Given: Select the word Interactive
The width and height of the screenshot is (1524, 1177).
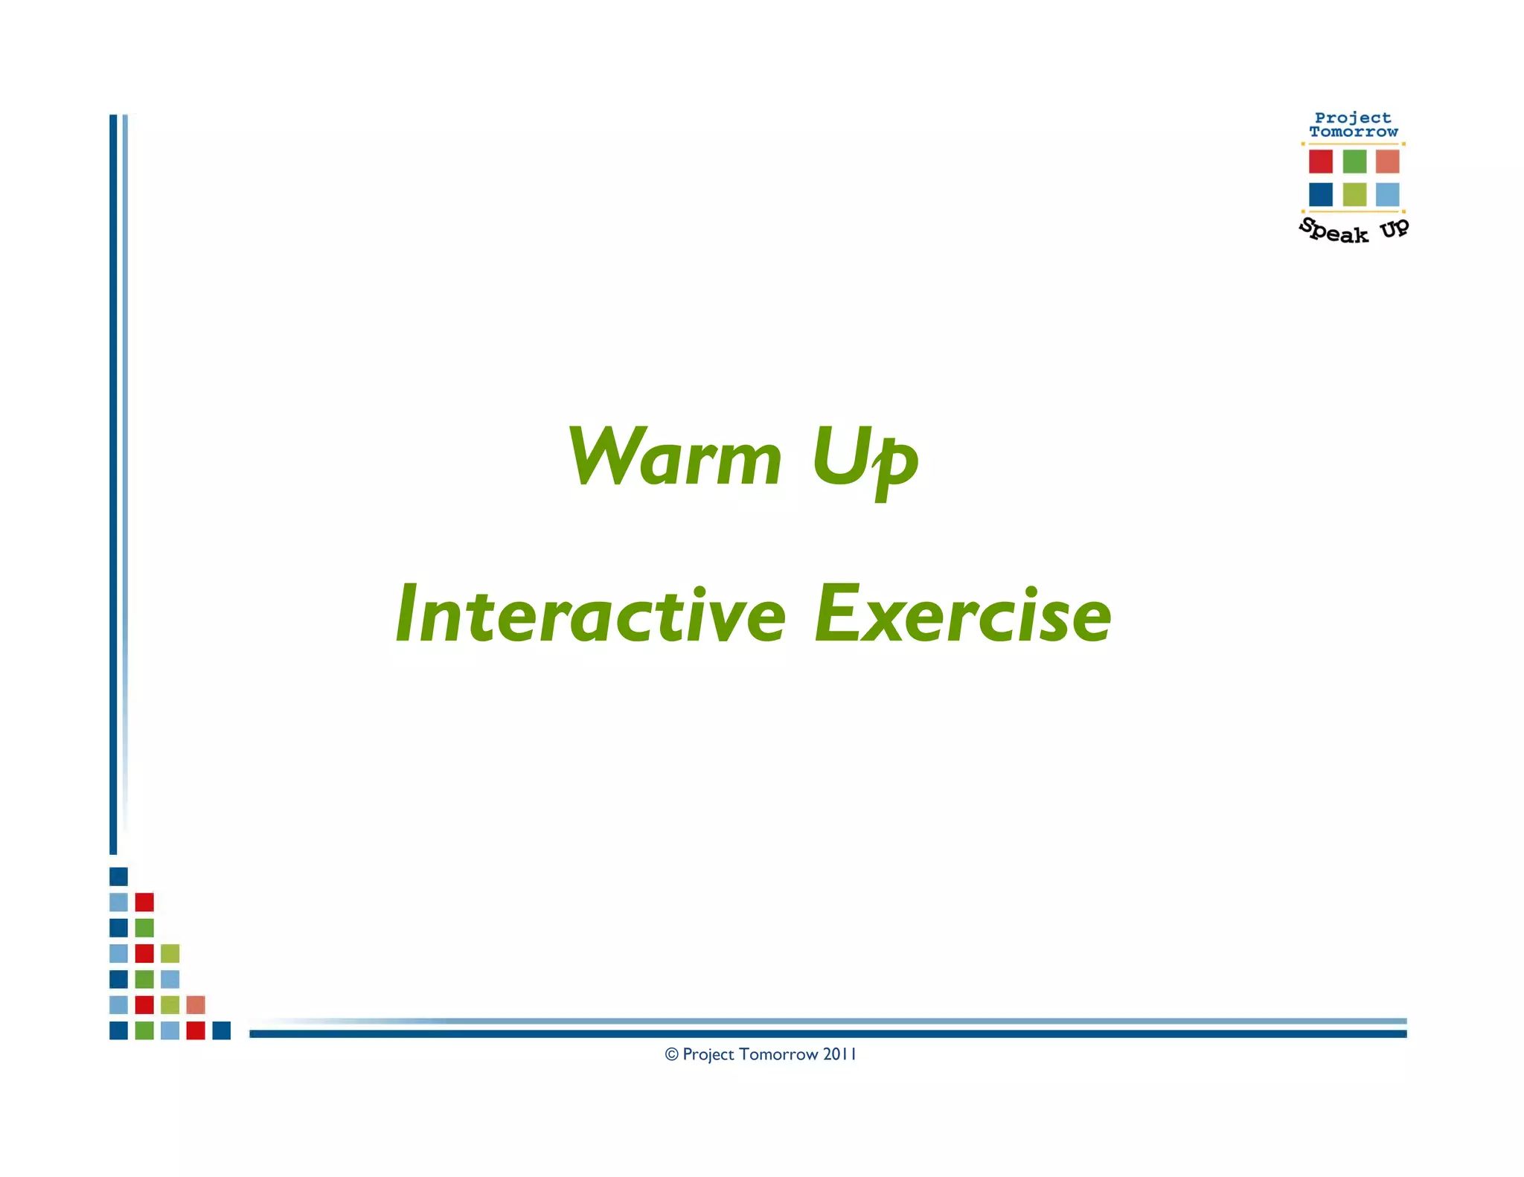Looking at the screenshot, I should [x=591, y=615].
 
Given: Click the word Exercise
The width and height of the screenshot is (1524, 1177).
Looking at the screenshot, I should [x=963, y=615].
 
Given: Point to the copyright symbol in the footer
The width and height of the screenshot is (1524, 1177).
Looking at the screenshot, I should [x=671, y=1054].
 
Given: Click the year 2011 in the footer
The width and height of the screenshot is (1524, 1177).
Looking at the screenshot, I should [x=839, y=1054].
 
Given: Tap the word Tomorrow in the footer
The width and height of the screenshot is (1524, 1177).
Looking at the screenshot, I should [x=778, y=1054].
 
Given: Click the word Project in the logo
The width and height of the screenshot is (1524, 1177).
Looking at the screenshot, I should [x=1353, y=118].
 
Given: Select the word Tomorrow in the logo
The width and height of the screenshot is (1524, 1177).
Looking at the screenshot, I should [x=1354, y=132].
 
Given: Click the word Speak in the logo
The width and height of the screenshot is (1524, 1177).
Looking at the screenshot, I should [x=1334, y=231].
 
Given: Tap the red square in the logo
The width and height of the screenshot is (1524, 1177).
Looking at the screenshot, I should [x=1321, y=161].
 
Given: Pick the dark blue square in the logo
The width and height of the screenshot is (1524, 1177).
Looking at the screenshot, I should [x=1321, y=194].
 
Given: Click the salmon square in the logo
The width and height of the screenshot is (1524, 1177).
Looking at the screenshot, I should [x=1387, y=161].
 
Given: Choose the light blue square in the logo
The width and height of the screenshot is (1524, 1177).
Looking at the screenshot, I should [x=1387, y=194].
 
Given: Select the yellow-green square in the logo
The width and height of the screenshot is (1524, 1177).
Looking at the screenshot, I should [x=1354, y=194].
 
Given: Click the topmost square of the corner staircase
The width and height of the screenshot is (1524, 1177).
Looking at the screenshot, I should [x=118, y=876].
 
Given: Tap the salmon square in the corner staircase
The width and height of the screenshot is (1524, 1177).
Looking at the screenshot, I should [x=196, y=1005].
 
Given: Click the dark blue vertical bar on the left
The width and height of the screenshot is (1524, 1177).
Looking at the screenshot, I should [x=113, y=484].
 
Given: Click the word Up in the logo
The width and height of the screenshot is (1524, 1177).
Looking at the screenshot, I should [x=1395, y=228].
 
